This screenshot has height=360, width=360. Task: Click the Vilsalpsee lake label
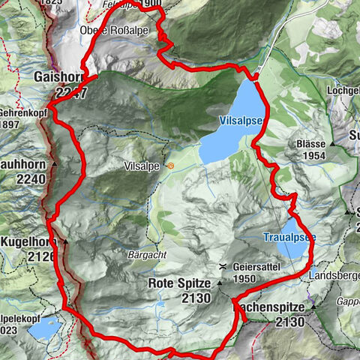(x=241, y=120)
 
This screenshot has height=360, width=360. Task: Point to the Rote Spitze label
(x=181, y=283)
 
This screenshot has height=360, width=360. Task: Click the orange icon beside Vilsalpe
(x=171, y=165)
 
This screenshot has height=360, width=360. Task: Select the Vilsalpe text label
(x=142, y=165)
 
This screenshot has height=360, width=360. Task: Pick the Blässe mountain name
(x=310, y=142)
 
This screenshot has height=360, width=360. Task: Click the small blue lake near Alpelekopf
(x=46, y=327)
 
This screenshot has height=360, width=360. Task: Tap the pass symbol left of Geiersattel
(x=223, y=267)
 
